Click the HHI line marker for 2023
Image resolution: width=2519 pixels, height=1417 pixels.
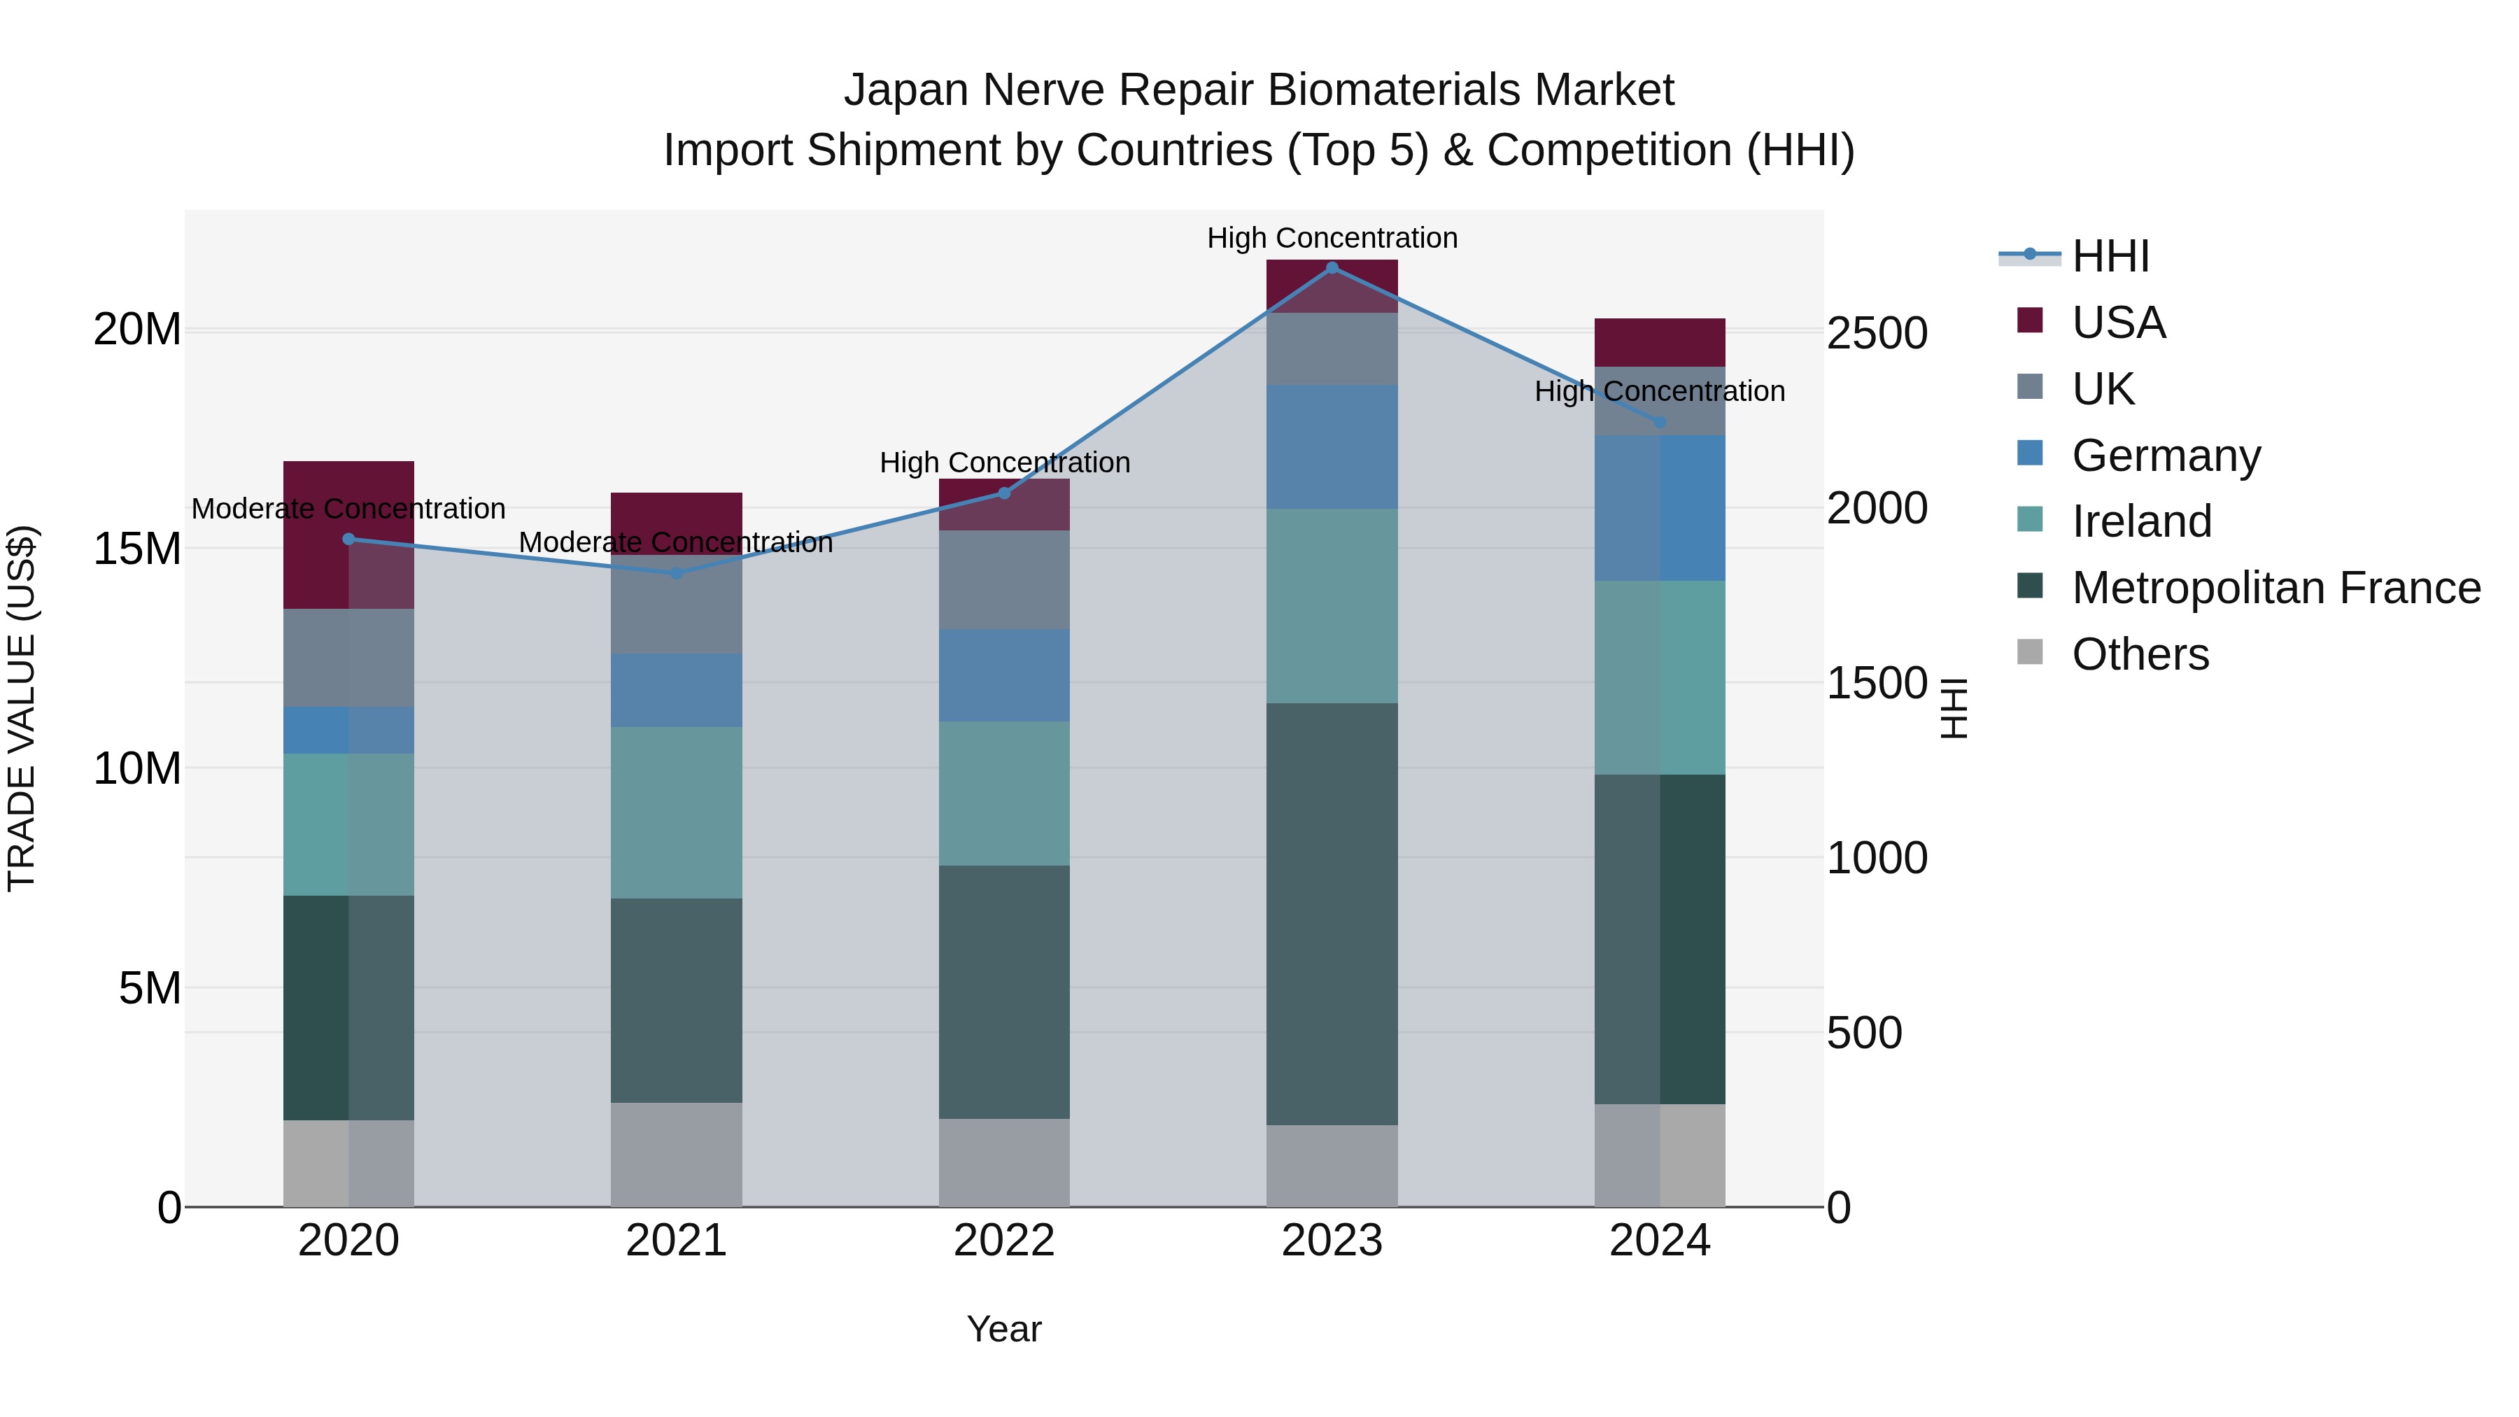point(1331,267)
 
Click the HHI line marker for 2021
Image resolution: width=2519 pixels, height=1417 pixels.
point(676,573)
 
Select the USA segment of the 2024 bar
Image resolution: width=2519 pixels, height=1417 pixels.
point(1660,342)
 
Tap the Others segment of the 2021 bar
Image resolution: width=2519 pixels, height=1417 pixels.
point(676,1154)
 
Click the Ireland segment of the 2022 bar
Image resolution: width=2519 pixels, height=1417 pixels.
point(1003,793)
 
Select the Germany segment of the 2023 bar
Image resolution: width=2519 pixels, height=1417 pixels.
point(1331,447)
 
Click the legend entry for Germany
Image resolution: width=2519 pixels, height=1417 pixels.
point(2165,456)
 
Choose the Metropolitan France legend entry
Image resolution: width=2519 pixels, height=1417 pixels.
point(2275,588)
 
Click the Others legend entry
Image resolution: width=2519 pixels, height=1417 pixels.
point(2140,654)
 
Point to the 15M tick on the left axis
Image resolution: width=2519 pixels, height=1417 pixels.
point(137,549)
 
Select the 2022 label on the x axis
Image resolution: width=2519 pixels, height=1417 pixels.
point(1003,1241)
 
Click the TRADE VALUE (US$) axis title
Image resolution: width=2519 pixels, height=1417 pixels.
point(22,708)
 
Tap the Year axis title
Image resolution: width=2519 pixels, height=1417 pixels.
point(1003,1329)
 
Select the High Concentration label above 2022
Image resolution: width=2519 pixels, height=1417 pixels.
point(1004,463)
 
